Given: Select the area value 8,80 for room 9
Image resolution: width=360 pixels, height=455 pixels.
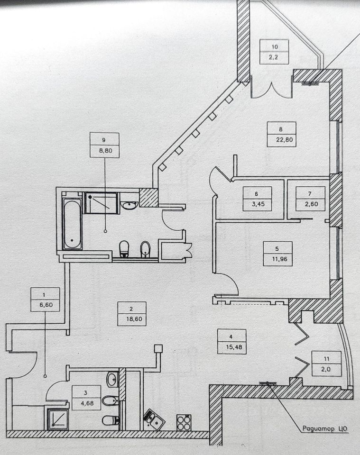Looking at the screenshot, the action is click(x=104, y=152).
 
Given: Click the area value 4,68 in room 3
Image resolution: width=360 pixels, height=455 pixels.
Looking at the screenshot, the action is click(x=86, y=404).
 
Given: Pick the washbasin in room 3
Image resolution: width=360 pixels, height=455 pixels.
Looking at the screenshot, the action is click(x=112, y=379).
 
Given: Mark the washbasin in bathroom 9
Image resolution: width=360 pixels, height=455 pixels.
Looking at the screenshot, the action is click(x=129, y=204).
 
